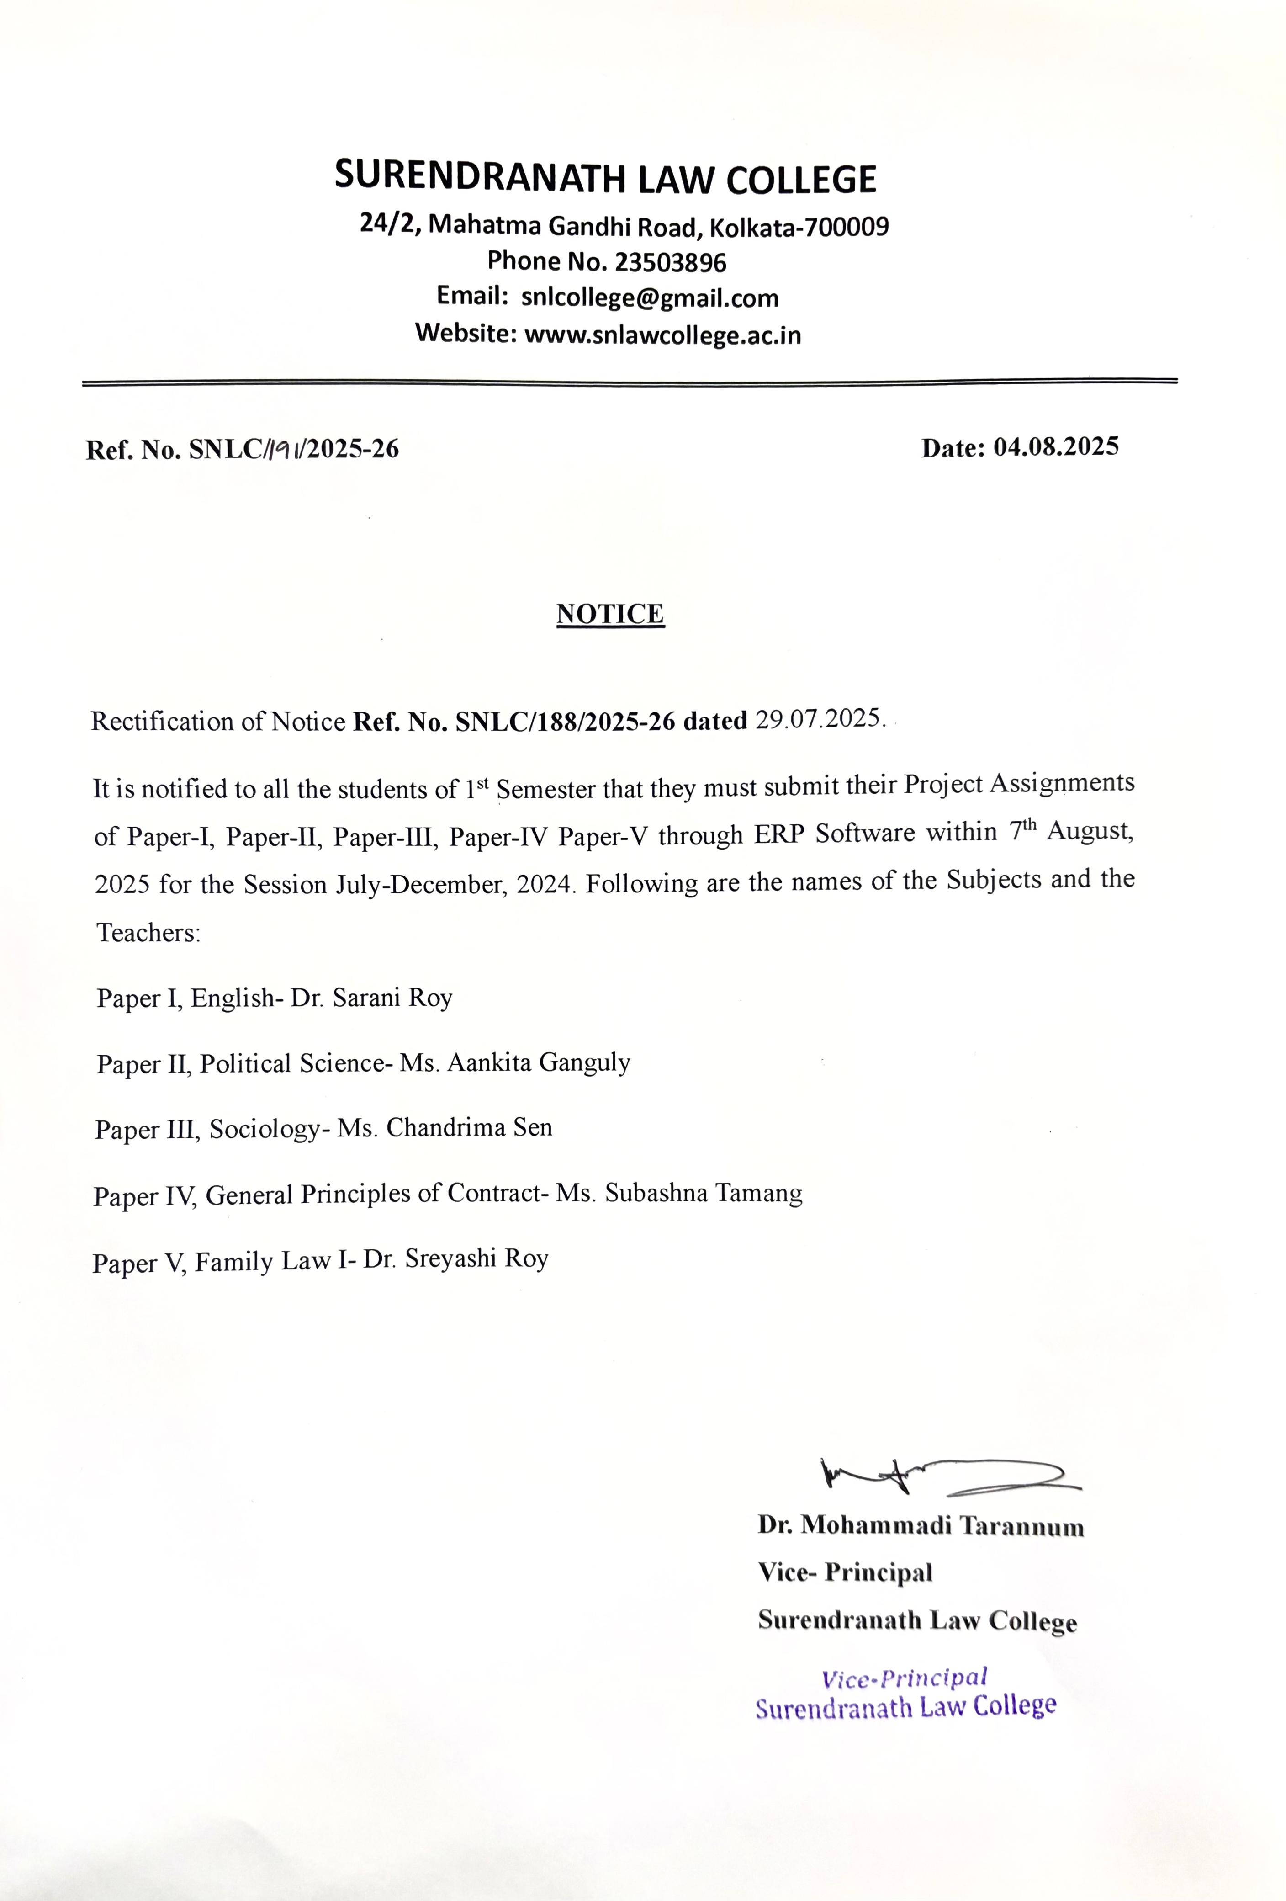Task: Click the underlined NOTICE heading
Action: coord(610,614)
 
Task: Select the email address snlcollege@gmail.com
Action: coord(649,298)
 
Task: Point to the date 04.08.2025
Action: coord(1055,446)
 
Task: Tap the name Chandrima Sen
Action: coord(469,1128)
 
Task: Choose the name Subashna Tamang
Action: coord(703,1194)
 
